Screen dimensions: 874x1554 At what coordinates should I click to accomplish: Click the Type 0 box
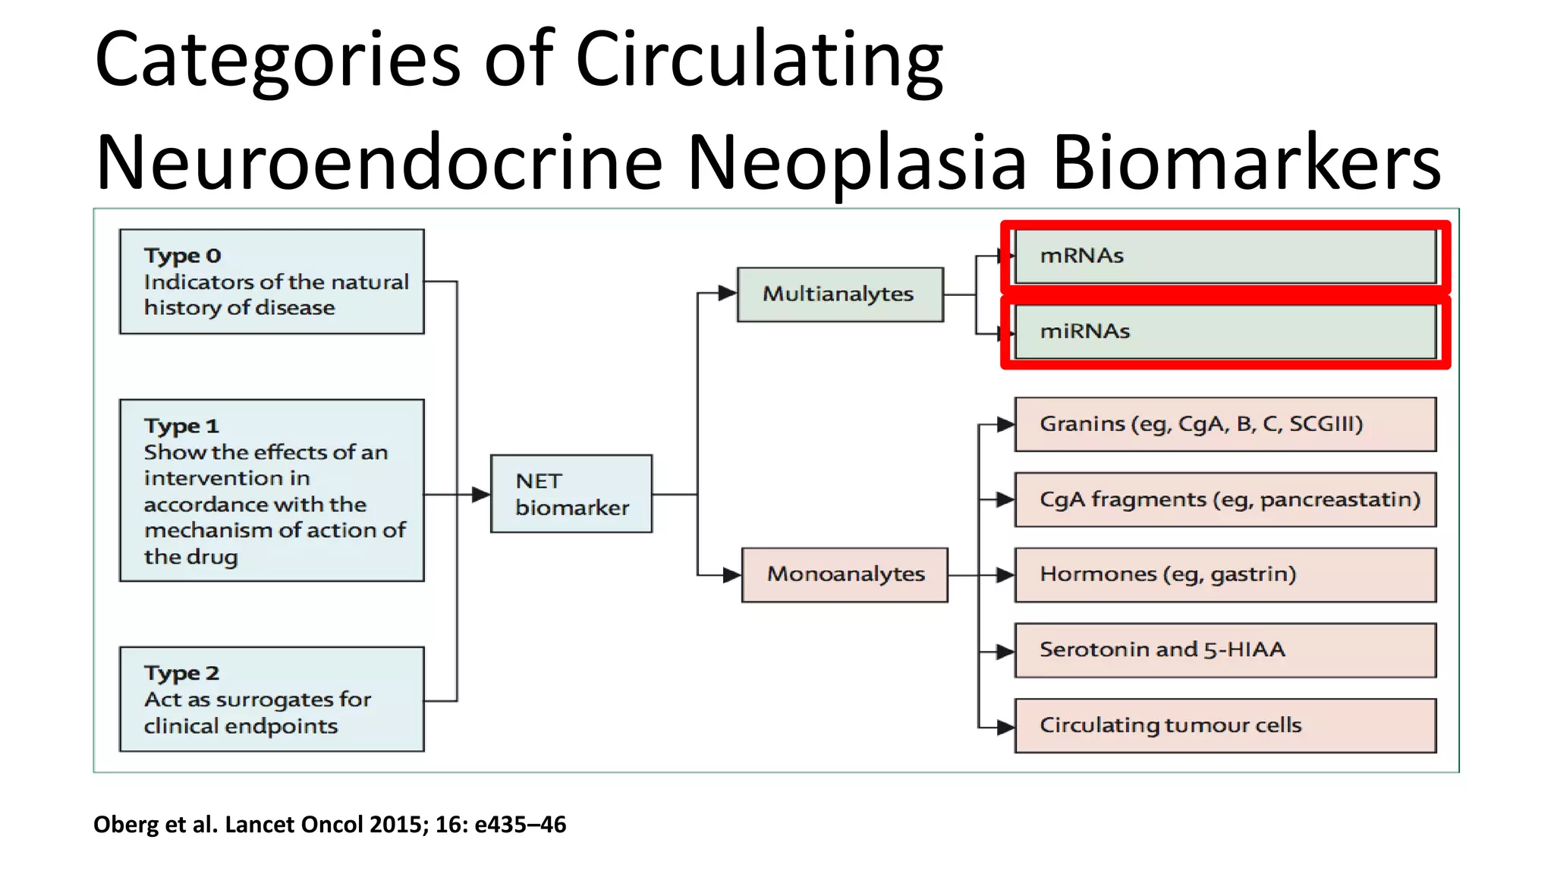pos(272,281)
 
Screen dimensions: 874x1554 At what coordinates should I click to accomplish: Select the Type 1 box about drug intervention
pos(272,491)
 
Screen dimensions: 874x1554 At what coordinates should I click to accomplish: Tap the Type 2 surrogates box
pos(272,699)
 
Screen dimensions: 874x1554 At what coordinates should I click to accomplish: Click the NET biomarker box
pos(571,494)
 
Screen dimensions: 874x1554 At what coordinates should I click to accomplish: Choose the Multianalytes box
pos(840,294)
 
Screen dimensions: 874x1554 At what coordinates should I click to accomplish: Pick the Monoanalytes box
pos(845,574)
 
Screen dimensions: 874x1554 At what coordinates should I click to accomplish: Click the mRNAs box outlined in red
pos(1225,256)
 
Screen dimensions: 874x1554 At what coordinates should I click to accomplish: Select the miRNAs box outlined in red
pos(1225,332)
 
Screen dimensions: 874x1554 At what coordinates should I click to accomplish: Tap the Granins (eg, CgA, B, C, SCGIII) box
pos(1225,424)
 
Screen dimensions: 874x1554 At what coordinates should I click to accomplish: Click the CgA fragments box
pos(1225,499)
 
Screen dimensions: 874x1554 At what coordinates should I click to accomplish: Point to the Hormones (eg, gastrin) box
pos(1225,574)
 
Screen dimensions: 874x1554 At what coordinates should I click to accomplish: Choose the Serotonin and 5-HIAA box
pos(1225,650)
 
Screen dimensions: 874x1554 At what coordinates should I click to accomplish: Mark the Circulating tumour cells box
pos(1225,725)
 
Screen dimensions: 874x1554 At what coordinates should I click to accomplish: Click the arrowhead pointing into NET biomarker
pos(481,495)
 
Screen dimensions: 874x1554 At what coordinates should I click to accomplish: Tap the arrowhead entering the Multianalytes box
pos(727,293)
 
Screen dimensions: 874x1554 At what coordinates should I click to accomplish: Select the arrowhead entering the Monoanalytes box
pos(731,575)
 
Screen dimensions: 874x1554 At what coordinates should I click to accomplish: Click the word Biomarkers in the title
pos(1246,162)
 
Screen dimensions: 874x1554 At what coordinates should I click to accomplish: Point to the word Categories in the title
pos(277,59)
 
